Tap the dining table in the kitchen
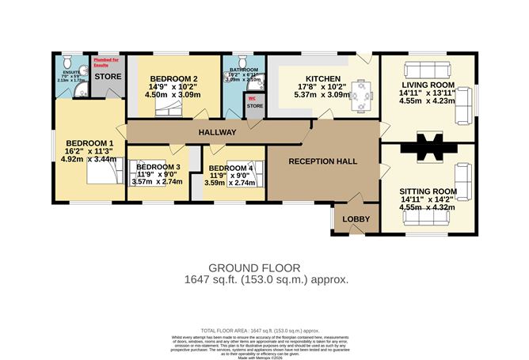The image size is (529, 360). tap(361, 95)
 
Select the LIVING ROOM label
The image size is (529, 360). tap(428, 84)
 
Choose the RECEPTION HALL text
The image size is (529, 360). tap(322, 161)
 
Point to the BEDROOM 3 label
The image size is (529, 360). tap(158, 168)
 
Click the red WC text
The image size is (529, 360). tap(253, 99)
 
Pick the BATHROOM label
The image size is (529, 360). tap(242, 69)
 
